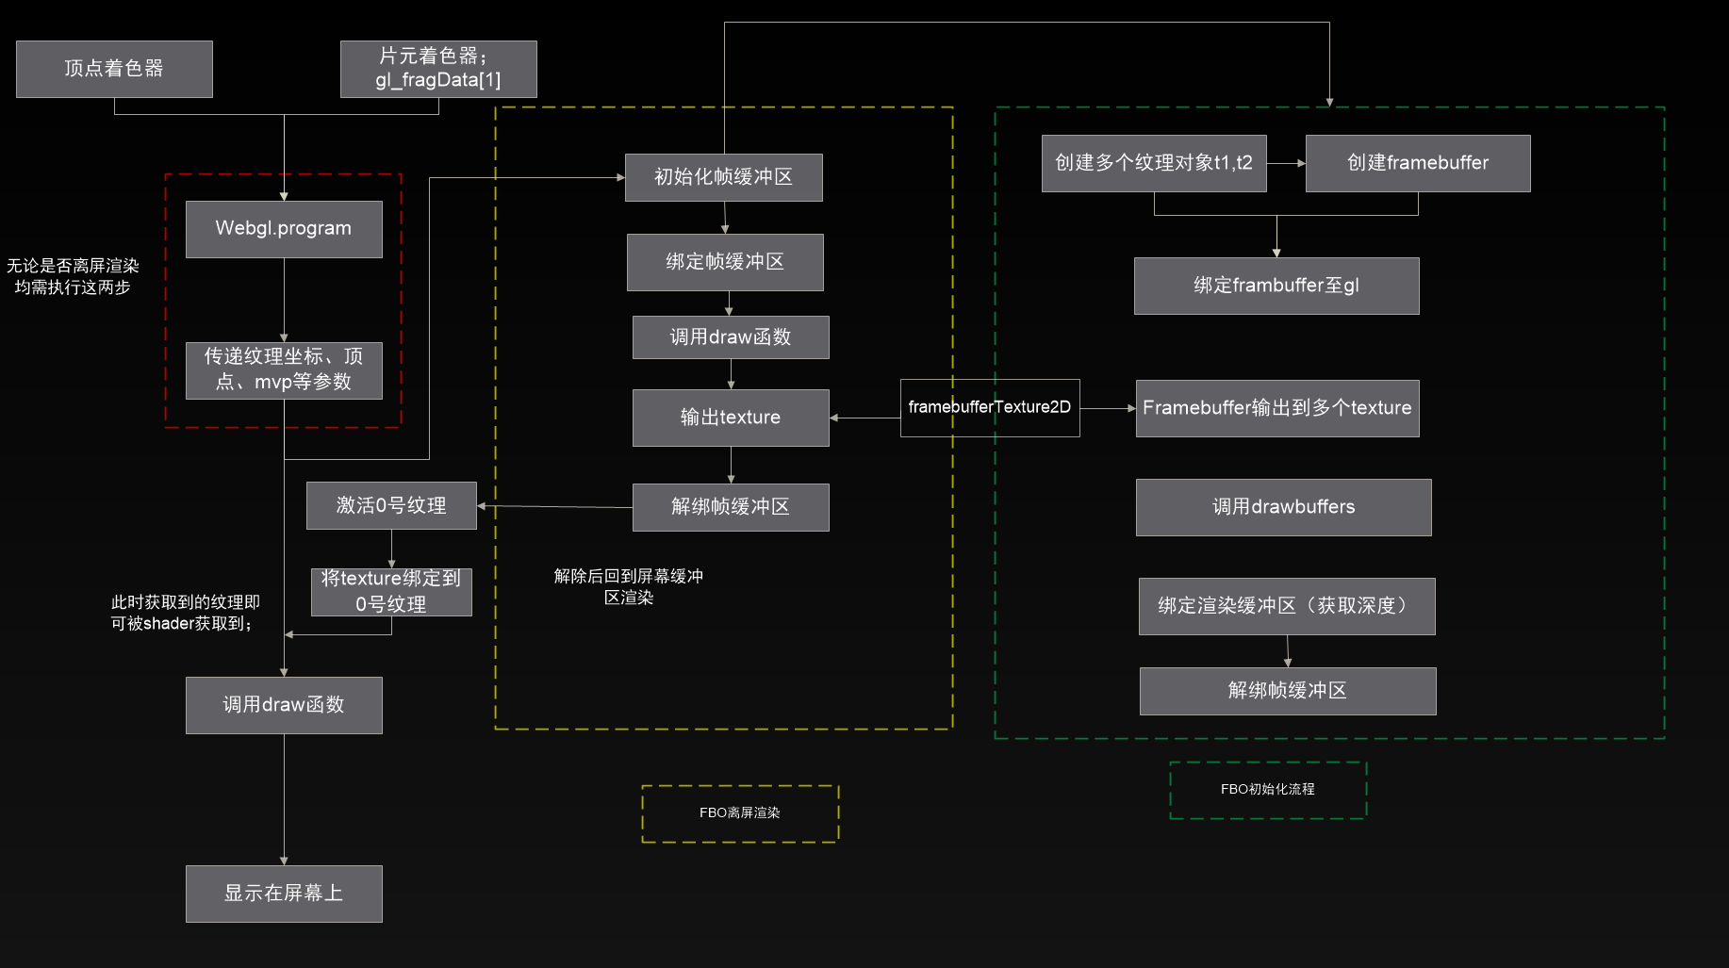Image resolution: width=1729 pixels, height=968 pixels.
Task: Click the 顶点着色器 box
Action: click(114, 69)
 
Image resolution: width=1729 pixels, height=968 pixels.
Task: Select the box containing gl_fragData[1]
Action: click(438, 69)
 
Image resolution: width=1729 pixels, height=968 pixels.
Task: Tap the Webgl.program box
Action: click(284, 229)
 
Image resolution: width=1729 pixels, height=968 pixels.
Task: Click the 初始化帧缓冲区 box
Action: click(723, 177)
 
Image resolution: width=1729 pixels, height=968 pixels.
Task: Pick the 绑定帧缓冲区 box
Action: click(725, 262)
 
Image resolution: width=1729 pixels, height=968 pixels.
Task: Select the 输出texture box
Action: click(731, 418)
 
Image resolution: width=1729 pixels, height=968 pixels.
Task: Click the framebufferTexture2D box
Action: click(990, 408)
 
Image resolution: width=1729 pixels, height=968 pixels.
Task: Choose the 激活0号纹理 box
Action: click(391, 506)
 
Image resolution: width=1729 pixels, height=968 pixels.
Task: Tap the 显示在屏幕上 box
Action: click(284, 894)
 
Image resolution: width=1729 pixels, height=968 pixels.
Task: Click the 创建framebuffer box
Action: click(1418, 163)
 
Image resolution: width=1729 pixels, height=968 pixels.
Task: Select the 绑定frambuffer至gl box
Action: click(1276, 286)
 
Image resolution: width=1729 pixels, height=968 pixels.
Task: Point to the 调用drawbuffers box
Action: click(1283, 507)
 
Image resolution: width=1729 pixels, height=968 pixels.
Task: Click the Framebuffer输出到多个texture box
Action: click(1277, 408)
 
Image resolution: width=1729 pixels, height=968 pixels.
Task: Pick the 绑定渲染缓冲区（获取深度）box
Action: click(1287, 606)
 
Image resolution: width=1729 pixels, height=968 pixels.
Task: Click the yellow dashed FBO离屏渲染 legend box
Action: click(740, 813)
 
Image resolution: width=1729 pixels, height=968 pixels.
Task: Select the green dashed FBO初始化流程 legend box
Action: click(1268, 790)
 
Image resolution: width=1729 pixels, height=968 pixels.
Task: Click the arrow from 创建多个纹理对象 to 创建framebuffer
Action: click(1286, 163)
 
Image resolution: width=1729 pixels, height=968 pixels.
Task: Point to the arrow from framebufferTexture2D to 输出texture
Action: click(864, 418)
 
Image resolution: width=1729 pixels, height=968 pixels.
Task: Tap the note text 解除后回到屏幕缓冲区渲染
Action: click(629, 586)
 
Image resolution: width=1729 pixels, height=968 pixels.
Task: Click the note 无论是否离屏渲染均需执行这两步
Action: click(73, 276)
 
